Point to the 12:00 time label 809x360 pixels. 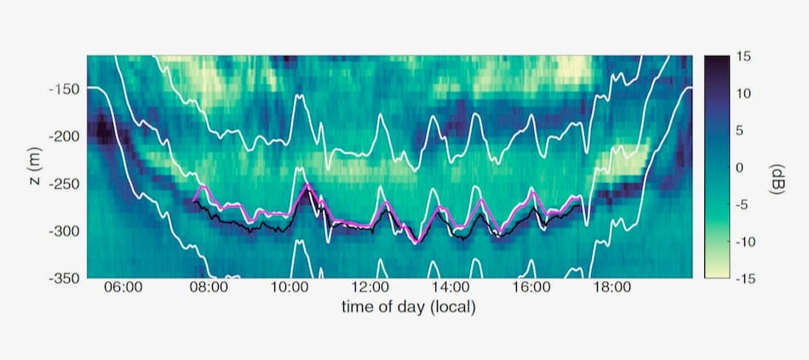pyautogui.click(x=370, y=288)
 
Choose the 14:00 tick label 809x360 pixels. pyautogui.click(x=450, y=288)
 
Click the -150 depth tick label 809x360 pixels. pyautogui.click(x=64, y=89)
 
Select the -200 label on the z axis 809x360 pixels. pyautogui.click(x=64, y=137)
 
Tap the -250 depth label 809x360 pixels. pyautogui.click(x=64, y=184)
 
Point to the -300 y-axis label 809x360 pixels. pyautogui.click(x=64, y=231)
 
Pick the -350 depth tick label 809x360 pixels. pyautogui.click(x=64, y=278)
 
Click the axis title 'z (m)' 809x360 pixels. pyautogui.click(x=37, y=167)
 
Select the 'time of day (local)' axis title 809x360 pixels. pyautogui.click(x=408, y=307)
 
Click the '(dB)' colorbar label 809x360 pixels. pyautogui.click(x=776, y=179)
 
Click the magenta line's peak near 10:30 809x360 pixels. pyautogui.click(x=307, y=184)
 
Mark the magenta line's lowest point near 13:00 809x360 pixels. pyautogui.click(x=417, y=243)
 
